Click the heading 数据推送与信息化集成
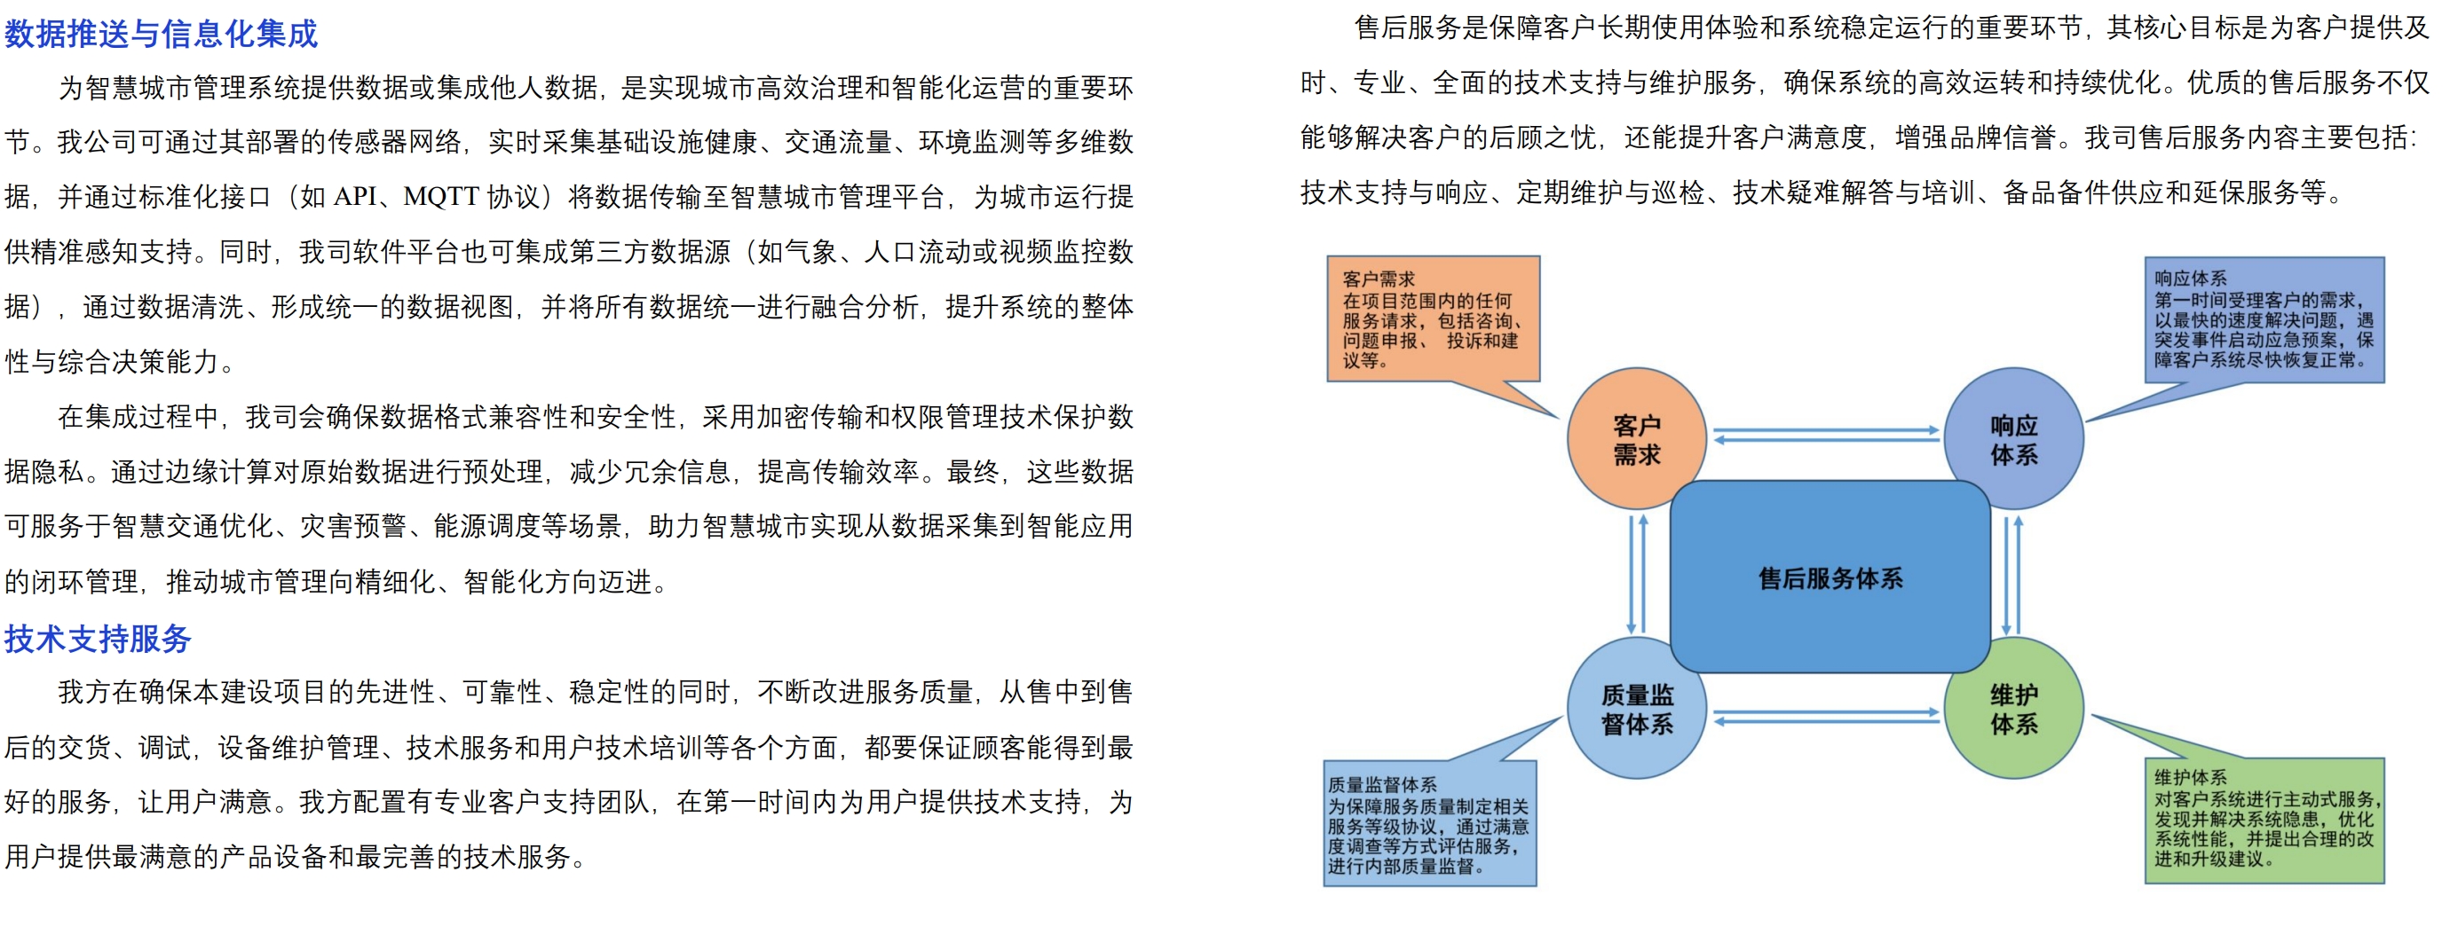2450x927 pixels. pos(161,35)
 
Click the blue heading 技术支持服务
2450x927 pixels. pos(98,639)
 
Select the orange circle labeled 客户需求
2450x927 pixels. pos(1636,439)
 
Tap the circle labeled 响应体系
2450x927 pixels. pos(2013,439)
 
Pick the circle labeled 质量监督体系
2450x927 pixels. pos(1636,710)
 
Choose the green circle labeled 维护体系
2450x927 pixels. pos(2013,710)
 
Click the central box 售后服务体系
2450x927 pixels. pos(1830,578)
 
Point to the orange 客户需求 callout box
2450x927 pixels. pos(1433,318)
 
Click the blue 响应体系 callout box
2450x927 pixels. pos(2264,319)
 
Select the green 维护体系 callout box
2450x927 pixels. pos(2264,820)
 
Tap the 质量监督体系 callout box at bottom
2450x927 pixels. pos(1429,823)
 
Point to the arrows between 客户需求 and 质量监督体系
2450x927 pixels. pos(1637,574)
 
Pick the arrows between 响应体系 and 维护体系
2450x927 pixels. pos(2011,574)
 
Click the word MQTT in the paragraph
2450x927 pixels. pos(440,197)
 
